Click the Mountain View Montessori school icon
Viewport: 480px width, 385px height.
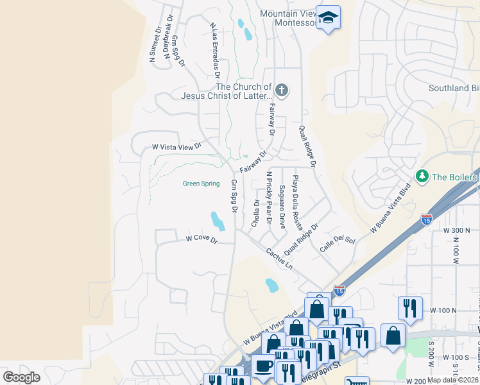click(328, 18)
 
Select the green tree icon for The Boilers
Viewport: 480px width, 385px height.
click(422, 176)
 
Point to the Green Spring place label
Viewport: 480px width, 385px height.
click(201, 184)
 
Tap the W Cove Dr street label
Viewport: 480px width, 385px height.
click(202, 239)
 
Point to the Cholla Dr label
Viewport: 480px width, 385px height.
click(256, 214)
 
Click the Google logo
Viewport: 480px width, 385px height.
click(21, 377)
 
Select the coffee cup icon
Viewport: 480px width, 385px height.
click(263, 366)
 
